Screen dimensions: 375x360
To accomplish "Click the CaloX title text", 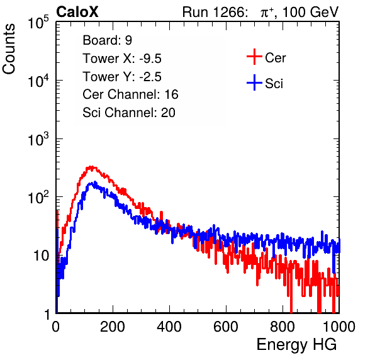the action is [x=77, y=12].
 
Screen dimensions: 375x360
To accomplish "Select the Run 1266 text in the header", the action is [x=215, y=12].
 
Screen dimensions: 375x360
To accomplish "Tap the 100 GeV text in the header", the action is [x=310, y=12].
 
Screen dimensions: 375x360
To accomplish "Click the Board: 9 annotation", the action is [x=107, y=40].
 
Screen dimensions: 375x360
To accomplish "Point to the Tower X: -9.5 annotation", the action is [x=122, y=59].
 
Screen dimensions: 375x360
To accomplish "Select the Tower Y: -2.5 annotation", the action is [x=122, y=77].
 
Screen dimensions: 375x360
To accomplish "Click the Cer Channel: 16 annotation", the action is [x=130, y=94].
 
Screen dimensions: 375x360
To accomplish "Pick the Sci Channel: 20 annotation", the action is [x=129, y=113].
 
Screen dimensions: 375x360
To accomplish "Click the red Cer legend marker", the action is [x=254, y=57].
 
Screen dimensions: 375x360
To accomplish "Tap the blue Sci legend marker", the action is [x=254, y=83].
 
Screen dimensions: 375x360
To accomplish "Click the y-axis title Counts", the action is [x=9, y=49].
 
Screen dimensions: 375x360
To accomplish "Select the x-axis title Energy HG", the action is [x=296, y=345].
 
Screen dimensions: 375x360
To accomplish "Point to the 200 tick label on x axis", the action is [x=113, y=327].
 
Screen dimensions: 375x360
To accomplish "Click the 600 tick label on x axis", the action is [x=226, y=327].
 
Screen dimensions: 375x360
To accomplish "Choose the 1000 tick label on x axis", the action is [x=339, y=327].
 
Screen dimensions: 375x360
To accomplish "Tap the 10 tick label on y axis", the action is [x=41, y=256].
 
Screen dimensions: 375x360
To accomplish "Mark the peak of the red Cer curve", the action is [x=91, y=167].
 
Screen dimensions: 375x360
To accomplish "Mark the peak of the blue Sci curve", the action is [x=95, y=182].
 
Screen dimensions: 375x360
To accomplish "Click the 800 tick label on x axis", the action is [x=283, y=327].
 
